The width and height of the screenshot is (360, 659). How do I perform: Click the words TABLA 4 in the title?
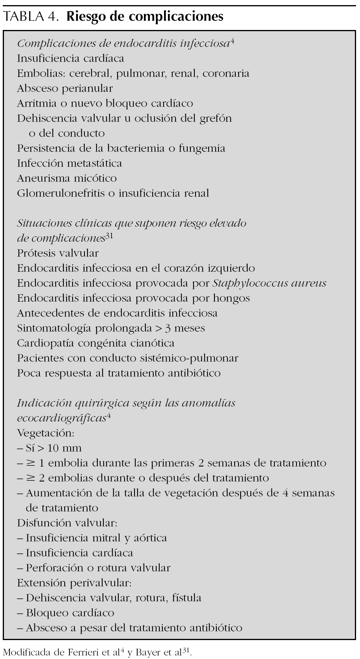(31, 17)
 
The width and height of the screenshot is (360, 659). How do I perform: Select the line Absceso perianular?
(65, 88)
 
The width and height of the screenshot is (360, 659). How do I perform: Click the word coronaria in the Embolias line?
(226, 73)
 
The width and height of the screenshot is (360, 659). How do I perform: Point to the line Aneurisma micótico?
(67, 178)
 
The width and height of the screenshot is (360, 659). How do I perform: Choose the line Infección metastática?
(69, 163)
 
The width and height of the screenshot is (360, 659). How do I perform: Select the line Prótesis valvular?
(58, 253)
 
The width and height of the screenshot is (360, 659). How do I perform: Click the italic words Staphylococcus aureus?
(269, 283)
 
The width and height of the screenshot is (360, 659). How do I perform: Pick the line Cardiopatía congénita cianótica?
(95, 343)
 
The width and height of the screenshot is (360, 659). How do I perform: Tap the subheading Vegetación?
(45, 433)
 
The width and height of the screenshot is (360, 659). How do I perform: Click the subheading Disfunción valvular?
(67, 523)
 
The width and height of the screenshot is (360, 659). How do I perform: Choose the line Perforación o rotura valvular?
(98, 568)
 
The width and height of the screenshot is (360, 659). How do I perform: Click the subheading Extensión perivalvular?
(74, 583)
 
